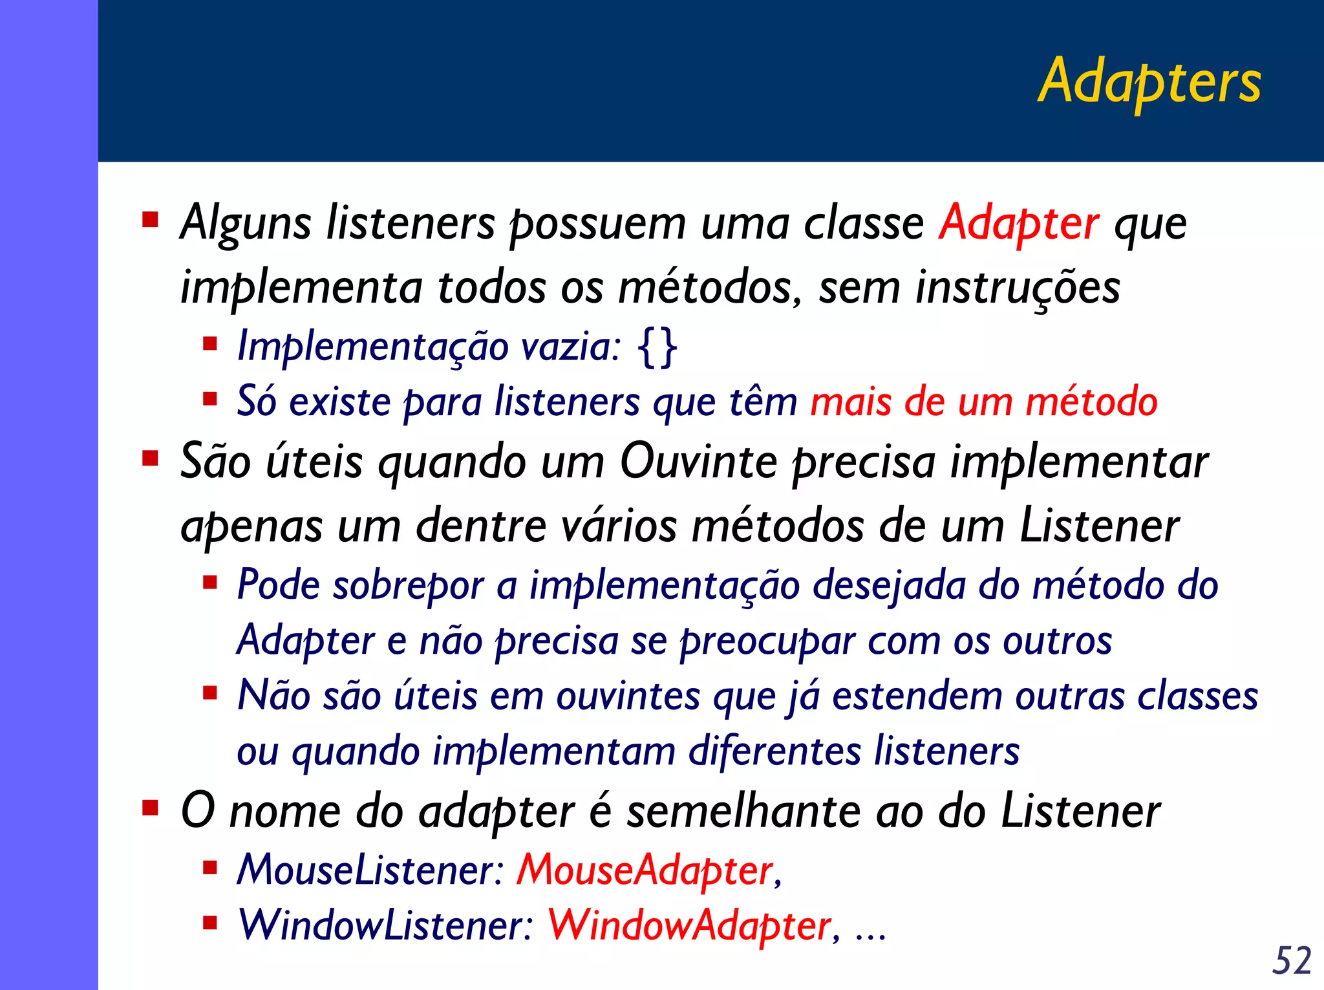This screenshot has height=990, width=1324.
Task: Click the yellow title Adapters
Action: pos(1149,82)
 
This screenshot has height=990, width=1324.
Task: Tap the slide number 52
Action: pos(1291,960)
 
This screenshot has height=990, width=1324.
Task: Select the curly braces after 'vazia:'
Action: pos(657,347)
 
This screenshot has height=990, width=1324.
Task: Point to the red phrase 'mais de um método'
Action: pos(983,402)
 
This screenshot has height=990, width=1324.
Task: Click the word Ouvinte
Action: pos(698,462)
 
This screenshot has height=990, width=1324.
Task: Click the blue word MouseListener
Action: pos(367,870)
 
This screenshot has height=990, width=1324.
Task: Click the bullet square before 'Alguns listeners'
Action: pos(150,221)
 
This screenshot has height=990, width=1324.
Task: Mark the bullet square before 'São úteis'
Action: pos(150,459)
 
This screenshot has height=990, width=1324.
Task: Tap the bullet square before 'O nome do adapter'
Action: pos(150,808)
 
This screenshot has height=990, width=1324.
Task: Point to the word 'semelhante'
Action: pos(743,812)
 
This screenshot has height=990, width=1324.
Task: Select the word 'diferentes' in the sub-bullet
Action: pos(774,751)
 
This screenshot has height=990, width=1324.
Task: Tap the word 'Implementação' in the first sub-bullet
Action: pos(372,347)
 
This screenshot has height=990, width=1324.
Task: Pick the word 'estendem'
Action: pos(917,696)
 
